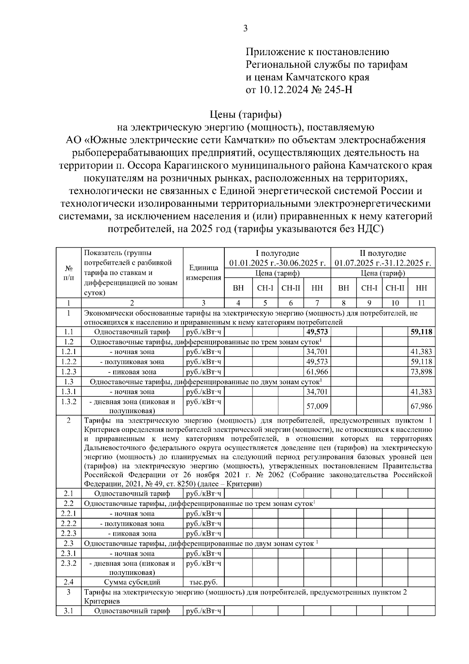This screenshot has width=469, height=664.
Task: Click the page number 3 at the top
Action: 245,29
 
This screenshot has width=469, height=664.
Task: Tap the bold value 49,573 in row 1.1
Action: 317,332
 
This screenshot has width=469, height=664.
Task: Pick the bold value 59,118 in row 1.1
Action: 421,332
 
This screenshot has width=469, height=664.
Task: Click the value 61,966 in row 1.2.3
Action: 317,372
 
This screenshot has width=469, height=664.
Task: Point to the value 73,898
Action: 421,372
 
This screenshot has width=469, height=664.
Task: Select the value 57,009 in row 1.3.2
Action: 317,406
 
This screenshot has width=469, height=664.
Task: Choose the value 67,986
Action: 421,406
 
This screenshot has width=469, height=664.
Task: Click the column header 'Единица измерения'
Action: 203,273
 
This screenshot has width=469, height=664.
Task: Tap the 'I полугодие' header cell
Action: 277,253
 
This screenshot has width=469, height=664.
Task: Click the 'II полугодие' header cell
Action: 383,253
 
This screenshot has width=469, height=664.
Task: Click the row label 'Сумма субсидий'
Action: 132,582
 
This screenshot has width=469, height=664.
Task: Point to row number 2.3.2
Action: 68,563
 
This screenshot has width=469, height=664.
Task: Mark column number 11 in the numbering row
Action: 421,302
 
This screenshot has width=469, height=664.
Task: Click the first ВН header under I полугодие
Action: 238,288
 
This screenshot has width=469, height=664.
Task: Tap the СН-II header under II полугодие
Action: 395,288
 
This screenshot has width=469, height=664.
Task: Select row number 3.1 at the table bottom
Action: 68,611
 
